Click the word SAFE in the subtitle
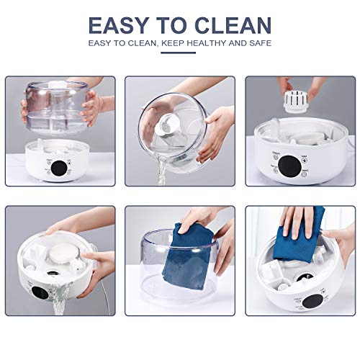point(258,44)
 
